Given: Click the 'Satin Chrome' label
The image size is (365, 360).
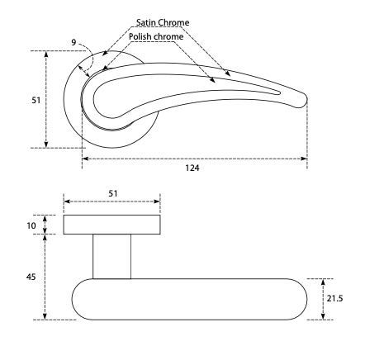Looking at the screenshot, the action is (x=163, y=22).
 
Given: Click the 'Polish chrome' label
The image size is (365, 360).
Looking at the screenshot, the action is (x=156, y=36).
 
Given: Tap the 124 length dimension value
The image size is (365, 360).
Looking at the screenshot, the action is (x=192, y=168).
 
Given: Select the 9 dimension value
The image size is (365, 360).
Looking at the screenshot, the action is (x=73, y=42).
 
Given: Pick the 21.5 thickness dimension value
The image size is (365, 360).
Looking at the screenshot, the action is (x=334, y=298).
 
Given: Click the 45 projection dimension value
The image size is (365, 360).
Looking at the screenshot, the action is (x=31, y=277).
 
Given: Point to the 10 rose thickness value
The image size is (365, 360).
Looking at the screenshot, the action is (x=31, y=225).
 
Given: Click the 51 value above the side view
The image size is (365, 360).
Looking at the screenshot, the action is (x=113, y=193).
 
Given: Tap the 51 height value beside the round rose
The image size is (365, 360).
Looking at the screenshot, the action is (x=36, y=100).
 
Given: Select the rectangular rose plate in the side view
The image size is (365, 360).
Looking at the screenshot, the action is (x=111, y=225).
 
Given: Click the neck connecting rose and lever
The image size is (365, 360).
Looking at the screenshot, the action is (x=111, y=257).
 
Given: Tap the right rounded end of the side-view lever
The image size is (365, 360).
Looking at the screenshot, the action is (x=301, y=299).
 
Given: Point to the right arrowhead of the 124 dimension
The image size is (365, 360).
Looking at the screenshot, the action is (x=304, y=159).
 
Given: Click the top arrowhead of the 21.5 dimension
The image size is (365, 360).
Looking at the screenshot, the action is (x=323, y=282).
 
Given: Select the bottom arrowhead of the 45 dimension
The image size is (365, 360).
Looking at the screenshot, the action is (x=46, y=316).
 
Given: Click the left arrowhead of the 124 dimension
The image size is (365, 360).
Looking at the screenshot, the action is (x=85, y=159).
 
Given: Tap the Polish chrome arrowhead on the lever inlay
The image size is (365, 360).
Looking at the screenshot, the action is (x=212, y=80).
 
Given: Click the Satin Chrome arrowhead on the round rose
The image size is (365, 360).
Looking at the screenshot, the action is (x=105, y=54).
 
